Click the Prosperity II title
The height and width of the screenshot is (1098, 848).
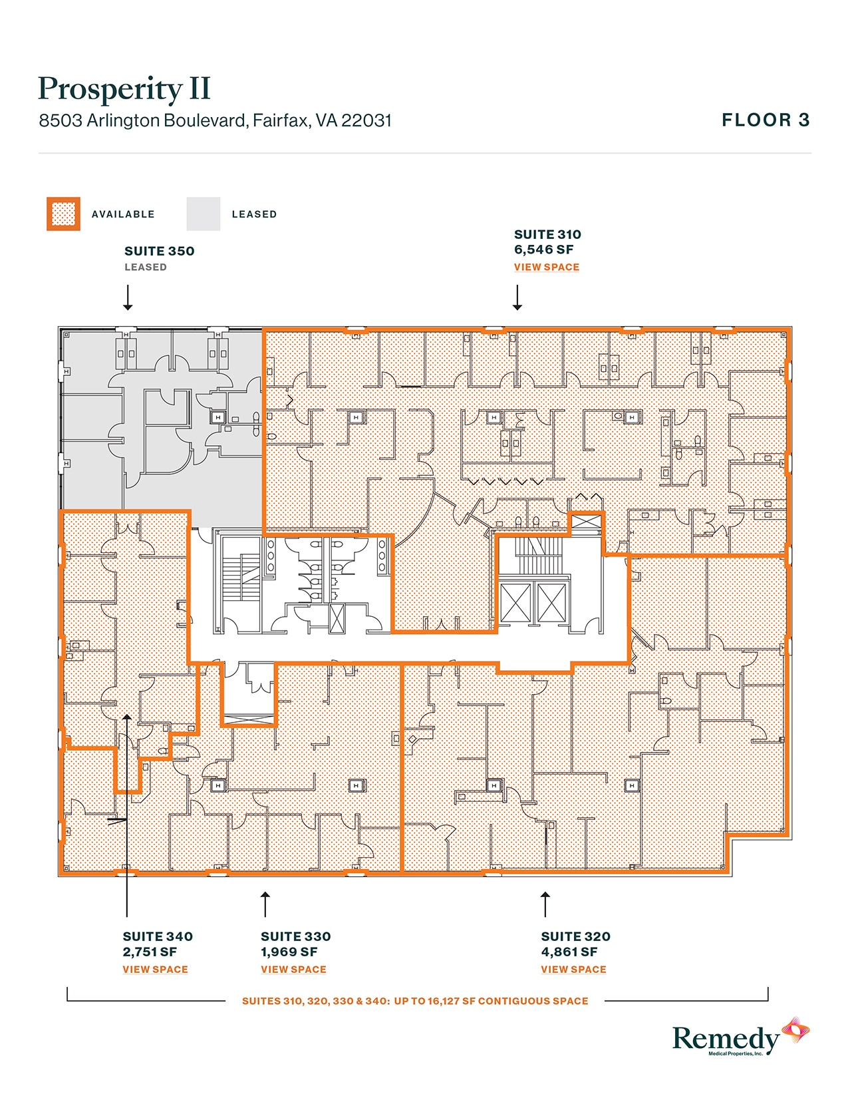click(124, 89)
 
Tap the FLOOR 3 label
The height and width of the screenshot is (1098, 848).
click(766, 120)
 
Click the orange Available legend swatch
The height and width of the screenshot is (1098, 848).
click(63, 214)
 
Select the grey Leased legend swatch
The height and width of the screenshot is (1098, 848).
click(203, 214)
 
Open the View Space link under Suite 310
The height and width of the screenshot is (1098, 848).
click(546, 268)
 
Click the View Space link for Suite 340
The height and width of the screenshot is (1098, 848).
click(155, 970)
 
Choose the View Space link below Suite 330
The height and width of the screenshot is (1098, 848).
click(293, 970)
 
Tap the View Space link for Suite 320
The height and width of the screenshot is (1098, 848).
click(573, 970)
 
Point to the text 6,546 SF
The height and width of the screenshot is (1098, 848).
click(543, 250)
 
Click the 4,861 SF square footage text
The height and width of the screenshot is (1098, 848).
click(569, 952)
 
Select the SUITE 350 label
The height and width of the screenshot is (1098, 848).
click(159, 252)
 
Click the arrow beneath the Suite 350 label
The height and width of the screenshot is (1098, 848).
click(128, 297)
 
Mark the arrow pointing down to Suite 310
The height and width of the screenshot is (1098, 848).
click(517, 297)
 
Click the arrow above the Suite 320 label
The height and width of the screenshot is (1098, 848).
click(545, 904)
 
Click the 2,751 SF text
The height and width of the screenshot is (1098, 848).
click(150, 952)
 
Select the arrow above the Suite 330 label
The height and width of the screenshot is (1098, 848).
click(265, 904)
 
